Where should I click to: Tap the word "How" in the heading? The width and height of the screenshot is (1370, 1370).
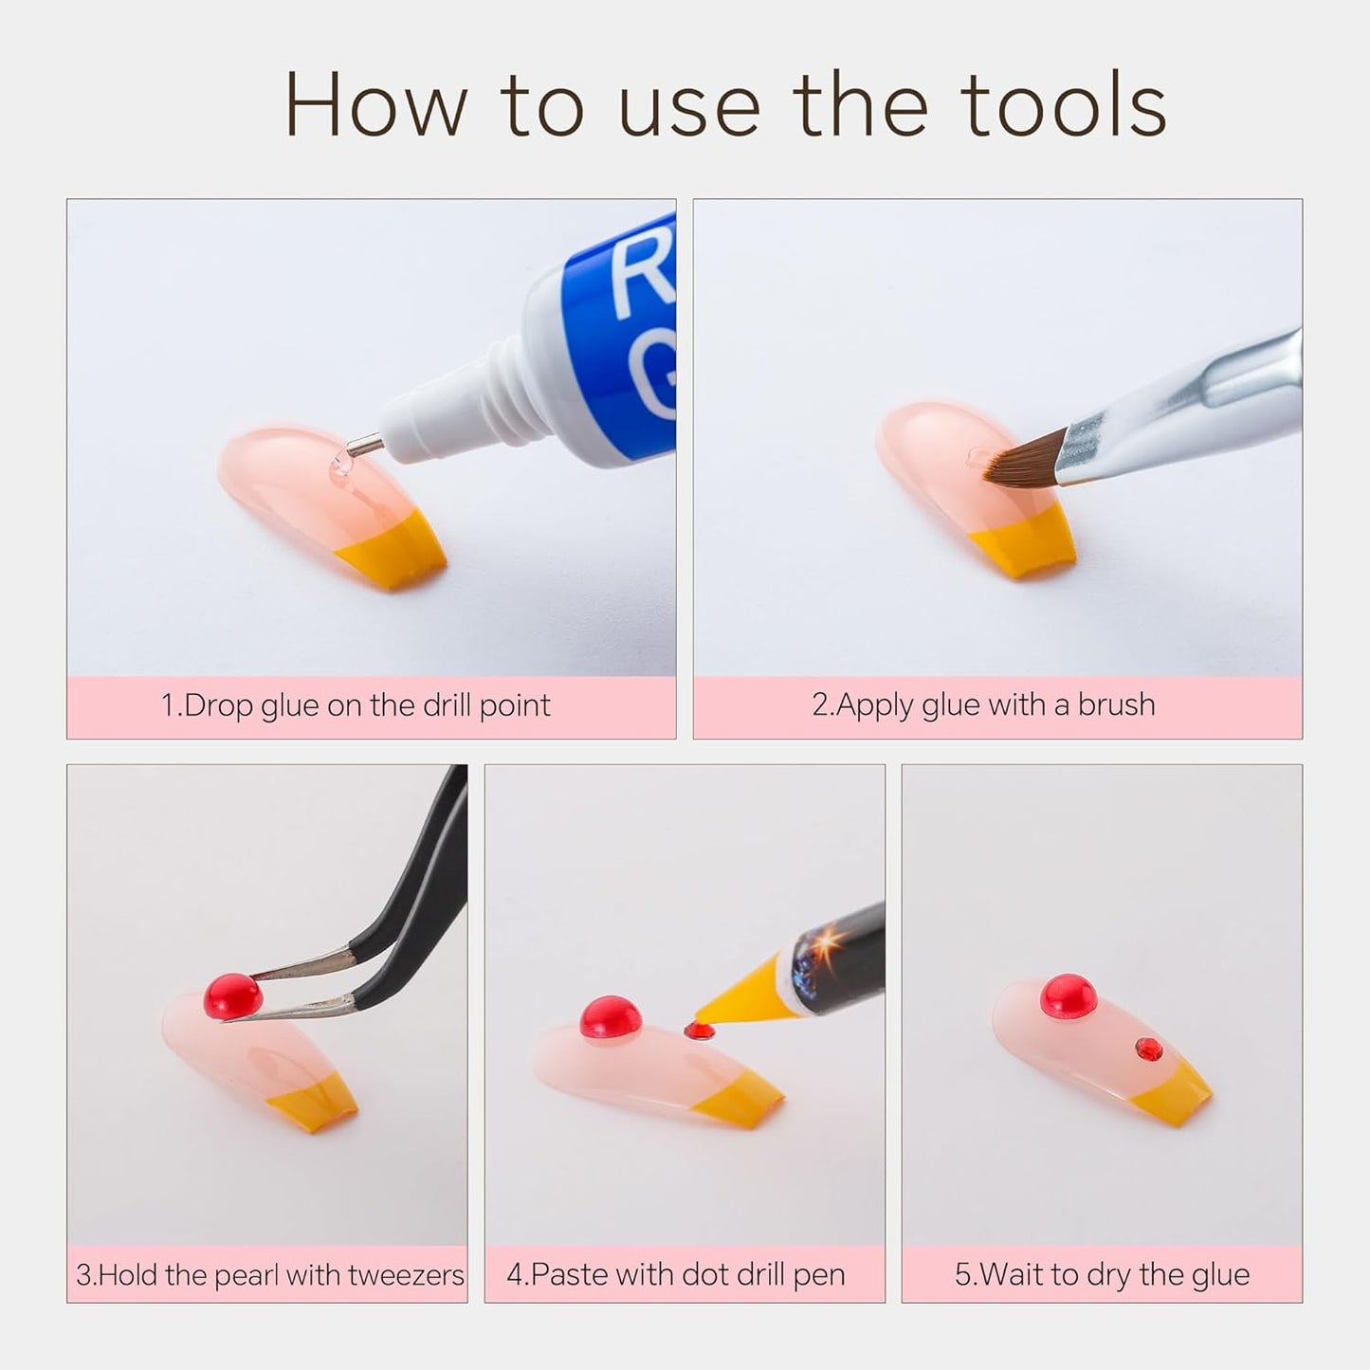(x=376, y=104)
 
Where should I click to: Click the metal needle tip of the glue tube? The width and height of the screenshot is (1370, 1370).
(x=365, y=447)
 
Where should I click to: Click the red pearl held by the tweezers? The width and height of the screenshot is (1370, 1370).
(x=233, y=996)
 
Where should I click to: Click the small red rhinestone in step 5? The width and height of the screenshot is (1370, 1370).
(x=1148, y=1048)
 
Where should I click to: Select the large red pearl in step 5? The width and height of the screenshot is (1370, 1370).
(x=1068, y=996)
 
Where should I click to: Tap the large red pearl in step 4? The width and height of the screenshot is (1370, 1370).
(x=610, y=1017)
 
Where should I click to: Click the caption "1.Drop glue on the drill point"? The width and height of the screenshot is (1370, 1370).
(x=356, y=705)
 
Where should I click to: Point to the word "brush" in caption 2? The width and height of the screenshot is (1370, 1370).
(x=1116, y=704)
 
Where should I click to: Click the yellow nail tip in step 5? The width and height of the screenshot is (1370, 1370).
(x=1171, y=1099)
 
